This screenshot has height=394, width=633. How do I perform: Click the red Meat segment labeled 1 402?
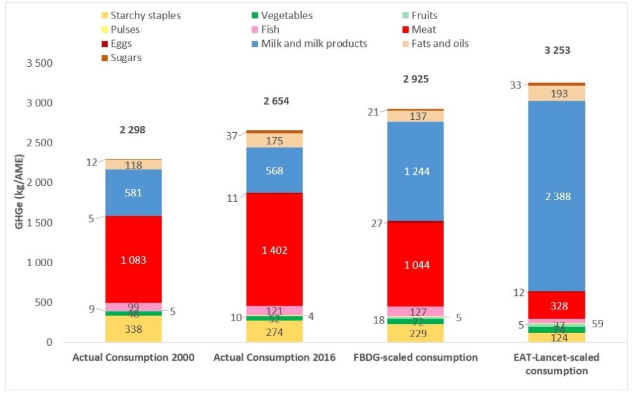[274, 249]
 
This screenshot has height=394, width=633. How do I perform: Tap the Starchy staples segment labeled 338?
[134, 329]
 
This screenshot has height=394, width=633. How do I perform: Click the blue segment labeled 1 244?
[415, 171]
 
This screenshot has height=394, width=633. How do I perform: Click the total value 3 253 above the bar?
[557, 51]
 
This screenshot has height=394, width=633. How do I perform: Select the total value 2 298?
[133, 130]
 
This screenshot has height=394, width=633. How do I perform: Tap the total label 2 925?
[415, 80]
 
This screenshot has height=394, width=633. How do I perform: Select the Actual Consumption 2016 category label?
[274, 358]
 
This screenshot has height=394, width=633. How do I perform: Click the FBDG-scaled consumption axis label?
[415, 358]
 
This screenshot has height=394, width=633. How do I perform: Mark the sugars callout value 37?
[232, 136]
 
